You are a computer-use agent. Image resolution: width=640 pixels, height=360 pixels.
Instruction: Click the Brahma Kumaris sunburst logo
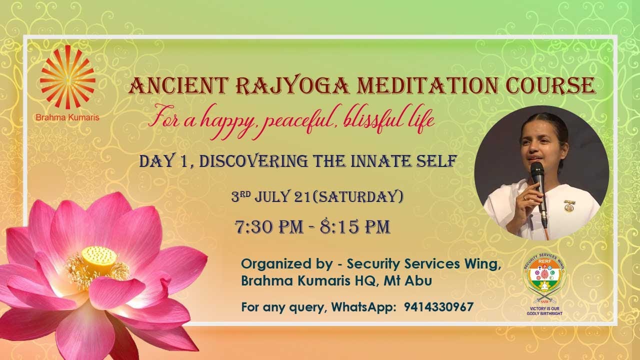[67, 76]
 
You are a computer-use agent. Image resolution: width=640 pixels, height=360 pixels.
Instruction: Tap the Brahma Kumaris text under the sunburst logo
[67, 118]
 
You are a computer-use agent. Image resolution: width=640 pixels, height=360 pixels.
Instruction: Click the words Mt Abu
[407, 281]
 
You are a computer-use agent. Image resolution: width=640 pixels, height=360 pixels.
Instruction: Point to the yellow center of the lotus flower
[99, 256]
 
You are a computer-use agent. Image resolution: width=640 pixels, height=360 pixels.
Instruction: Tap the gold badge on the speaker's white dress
[569, 205]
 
